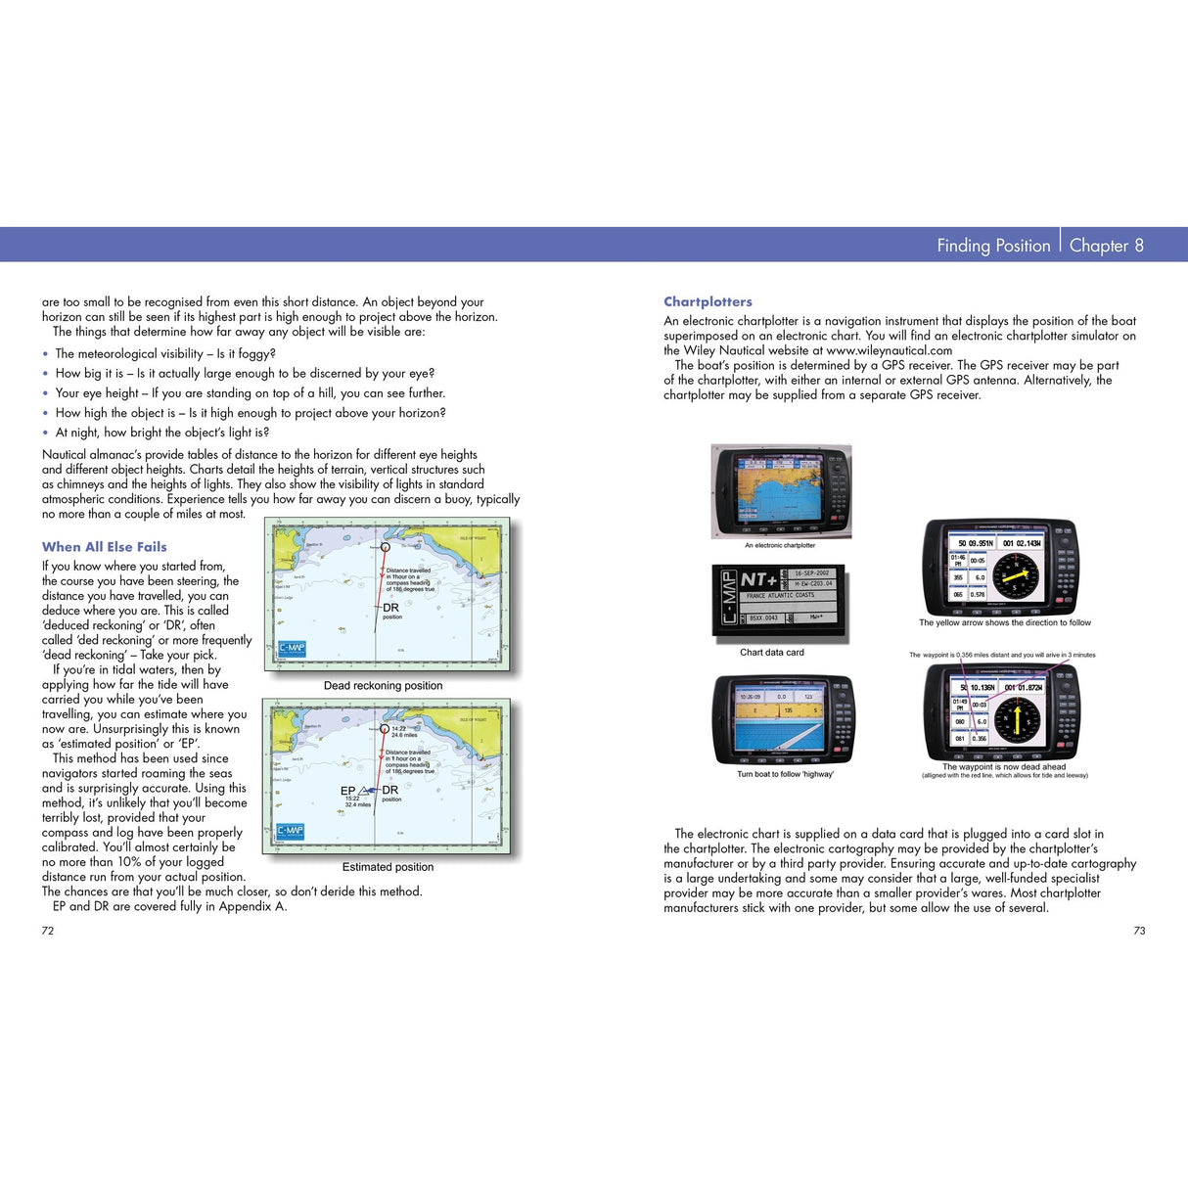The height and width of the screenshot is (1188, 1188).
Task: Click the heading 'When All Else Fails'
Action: tap(104, 547)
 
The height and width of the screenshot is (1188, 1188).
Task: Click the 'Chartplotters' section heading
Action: tap(708, 301)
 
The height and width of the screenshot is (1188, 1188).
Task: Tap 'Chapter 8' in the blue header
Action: tap(1106, 246)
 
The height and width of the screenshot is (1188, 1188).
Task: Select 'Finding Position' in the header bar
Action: tap(992, 246)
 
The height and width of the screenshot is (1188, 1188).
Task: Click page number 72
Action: tap(48, 931)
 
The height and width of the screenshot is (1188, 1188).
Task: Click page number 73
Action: tap(1139, 931)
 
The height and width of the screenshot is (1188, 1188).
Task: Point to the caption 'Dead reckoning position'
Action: tap(383, 686)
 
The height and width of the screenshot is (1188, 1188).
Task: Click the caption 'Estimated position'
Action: tap(388, 867)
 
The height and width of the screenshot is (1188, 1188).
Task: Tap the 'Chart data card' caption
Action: tap(771, 653)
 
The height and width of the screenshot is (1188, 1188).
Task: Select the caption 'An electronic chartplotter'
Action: tap(779, 545)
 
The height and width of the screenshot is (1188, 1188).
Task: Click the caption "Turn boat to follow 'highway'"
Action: tap(785, 774)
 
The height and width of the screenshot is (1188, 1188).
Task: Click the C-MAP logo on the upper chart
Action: tap(292, 649)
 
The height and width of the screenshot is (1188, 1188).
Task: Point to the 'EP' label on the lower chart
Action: tap(347, 791)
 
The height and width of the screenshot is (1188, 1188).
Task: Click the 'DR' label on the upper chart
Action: tap(390, 608)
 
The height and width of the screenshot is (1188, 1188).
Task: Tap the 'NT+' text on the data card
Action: tap(759, 579)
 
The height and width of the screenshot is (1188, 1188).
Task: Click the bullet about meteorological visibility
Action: tap(164, 354)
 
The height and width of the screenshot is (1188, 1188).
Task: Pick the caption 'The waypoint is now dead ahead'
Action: tap(1004, 767)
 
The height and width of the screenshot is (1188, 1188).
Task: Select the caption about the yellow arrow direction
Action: tap(1004, 622)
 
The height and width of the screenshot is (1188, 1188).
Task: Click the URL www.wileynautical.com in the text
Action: tap(889, 350)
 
